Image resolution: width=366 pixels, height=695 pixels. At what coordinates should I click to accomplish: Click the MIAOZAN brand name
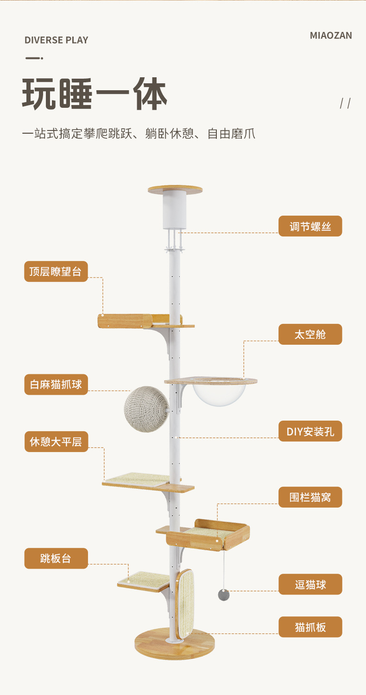point(331,36)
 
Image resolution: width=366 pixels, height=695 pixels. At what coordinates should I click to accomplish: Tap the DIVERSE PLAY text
point(56,40)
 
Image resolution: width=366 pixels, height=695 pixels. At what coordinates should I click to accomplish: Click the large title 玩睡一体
point(95,95)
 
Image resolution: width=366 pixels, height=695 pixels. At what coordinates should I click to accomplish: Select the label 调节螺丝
point(310,226)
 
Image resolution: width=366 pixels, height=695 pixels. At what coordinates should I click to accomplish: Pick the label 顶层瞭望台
point(56,272)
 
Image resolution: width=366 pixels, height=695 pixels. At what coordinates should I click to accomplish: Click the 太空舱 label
point(310,334)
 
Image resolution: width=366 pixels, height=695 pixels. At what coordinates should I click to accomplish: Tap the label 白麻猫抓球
point(56,385)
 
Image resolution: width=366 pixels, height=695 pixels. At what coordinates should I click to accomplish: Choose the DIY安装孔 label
point(310,431)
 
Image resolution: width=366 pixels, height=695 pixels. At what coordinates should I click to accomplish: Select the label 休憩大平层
point(56,442)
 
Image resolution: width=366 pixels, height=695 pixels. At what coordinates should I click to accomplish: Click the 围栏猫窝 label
point(310,497)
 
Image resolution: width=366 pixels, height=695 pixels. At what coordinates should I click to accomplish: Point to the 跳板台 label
point(56,558)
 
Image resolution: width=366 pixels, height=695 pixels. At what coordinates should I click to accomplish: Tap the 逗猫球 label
point(310,584)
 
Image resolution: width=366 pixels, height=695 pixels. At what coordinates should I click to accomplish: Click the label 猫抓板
point(310,627)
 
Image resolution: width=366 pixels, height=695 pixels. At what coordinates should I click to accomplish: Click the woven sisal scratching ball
point(147,409)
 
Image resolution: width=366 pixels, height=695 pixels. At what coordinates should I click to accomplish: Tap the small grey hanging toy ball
point(224,595)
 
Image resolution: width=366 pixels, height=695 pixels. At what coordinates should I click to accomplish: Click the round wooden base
point(175,645)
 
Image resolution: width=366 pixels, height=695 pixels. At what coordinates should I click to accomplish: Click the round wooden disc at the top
point(175,189)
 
